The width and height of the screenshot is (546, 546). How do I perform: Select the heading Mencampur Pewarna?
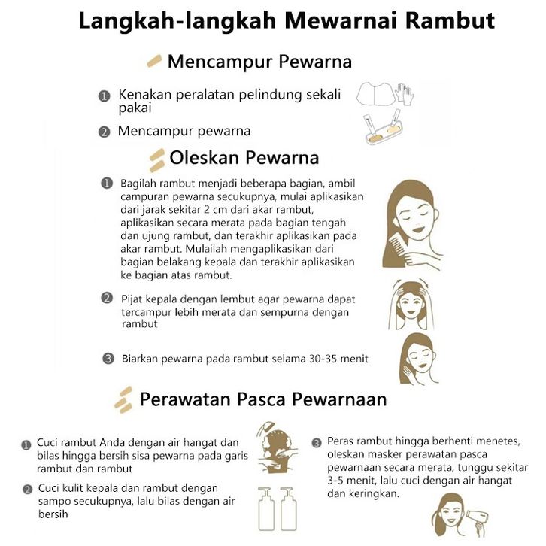point(259,62)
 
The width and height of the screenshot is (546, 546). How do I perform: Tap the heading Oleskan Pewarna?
point(244,158)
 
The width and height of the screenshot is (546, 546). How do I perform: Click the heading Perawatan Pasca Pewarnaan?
point(263,399)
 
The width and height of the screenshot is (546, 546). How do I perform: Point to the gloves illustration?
point(404,93)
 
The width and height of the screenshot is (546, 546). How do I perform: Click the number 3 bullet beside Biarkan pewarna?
point(108,359)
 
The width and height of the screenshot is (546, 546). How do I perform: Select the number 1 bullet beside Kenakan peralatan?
point(104,96)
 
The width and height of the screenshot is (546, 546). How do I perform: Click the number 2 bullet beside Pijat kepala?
point(107,298)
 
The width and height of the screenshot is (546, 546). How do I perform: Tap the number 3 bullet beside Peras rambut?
point(317,442)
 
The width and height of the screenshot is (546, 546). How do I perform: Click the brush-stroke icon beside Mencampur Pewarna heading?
point(154,60)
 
